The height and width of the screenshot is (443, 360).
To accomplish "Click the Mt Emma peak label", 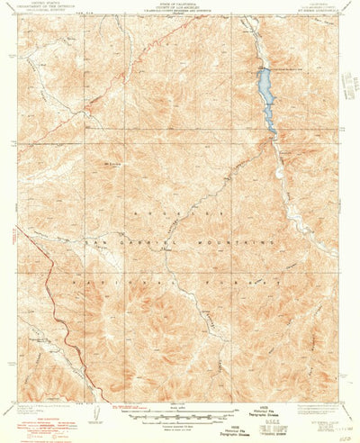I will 112,165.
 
